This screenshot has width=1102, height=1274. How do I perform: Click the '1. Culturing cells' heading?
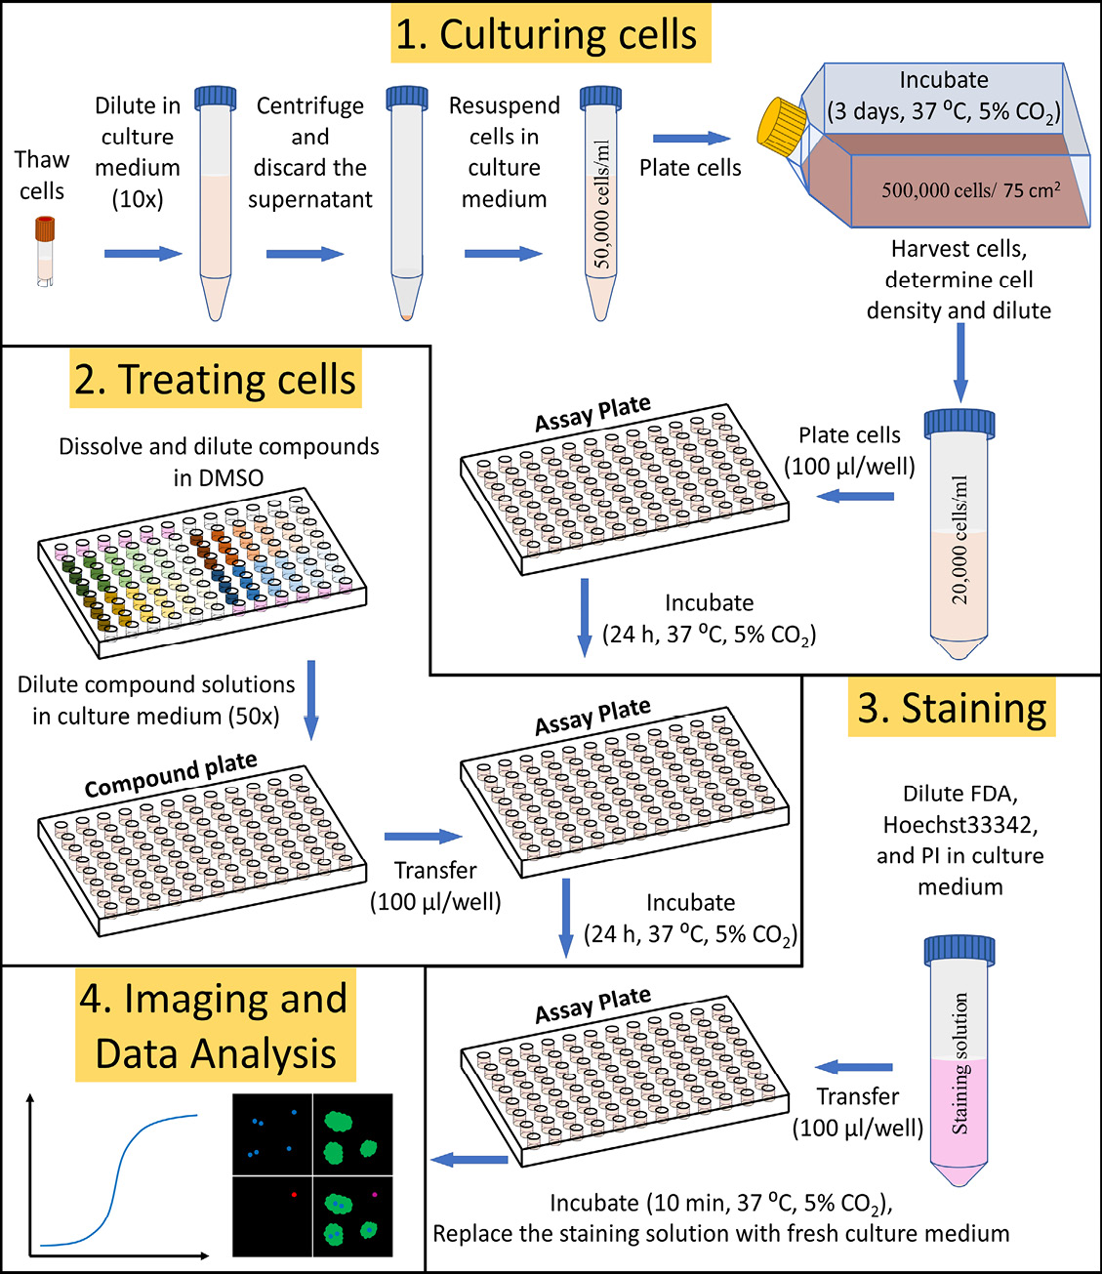pos(551,33)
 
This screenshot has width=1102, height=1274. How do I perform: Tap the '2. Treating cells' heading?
pos(216,379)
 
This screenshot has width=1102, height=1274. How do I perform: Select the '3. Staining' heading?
pos(951,708)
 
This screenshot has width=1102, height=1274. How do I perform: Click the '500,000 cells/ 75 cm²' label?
pos(970,190)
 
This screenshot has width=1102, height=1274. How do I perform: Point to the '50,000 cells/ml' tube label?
pos(601,204)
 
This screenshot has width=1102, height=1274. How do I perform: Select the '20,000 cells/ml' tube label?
pos(960,539)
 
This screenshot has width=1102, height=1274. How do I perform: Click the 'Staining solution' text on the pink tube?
pos(960,1063)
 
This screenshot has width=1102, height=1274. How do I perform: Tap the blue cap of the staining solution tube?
pos(959,950)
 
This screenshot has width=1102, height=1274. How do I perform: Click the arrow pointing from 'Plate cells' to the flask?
pos(691,139)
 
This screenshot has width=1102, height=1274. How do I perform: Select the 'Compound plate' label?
pos(171,773)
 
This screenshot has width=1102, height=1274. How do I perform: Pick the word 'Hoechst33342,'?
pos(960,825)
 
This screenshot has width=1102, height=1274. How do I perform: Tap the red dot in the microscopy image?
pos(294,1194)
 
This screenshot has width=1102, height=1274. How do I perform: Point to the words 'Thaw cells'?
pos(42,175)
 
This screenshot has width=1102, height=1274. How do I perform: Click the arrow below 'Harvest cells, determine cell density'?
pos(960,361)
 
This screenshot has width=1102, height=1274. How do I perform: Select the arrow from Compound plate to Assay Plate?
pos(423,837)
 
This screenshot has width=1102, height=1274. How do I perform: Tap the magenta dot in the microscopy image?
pos(374,1194)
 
